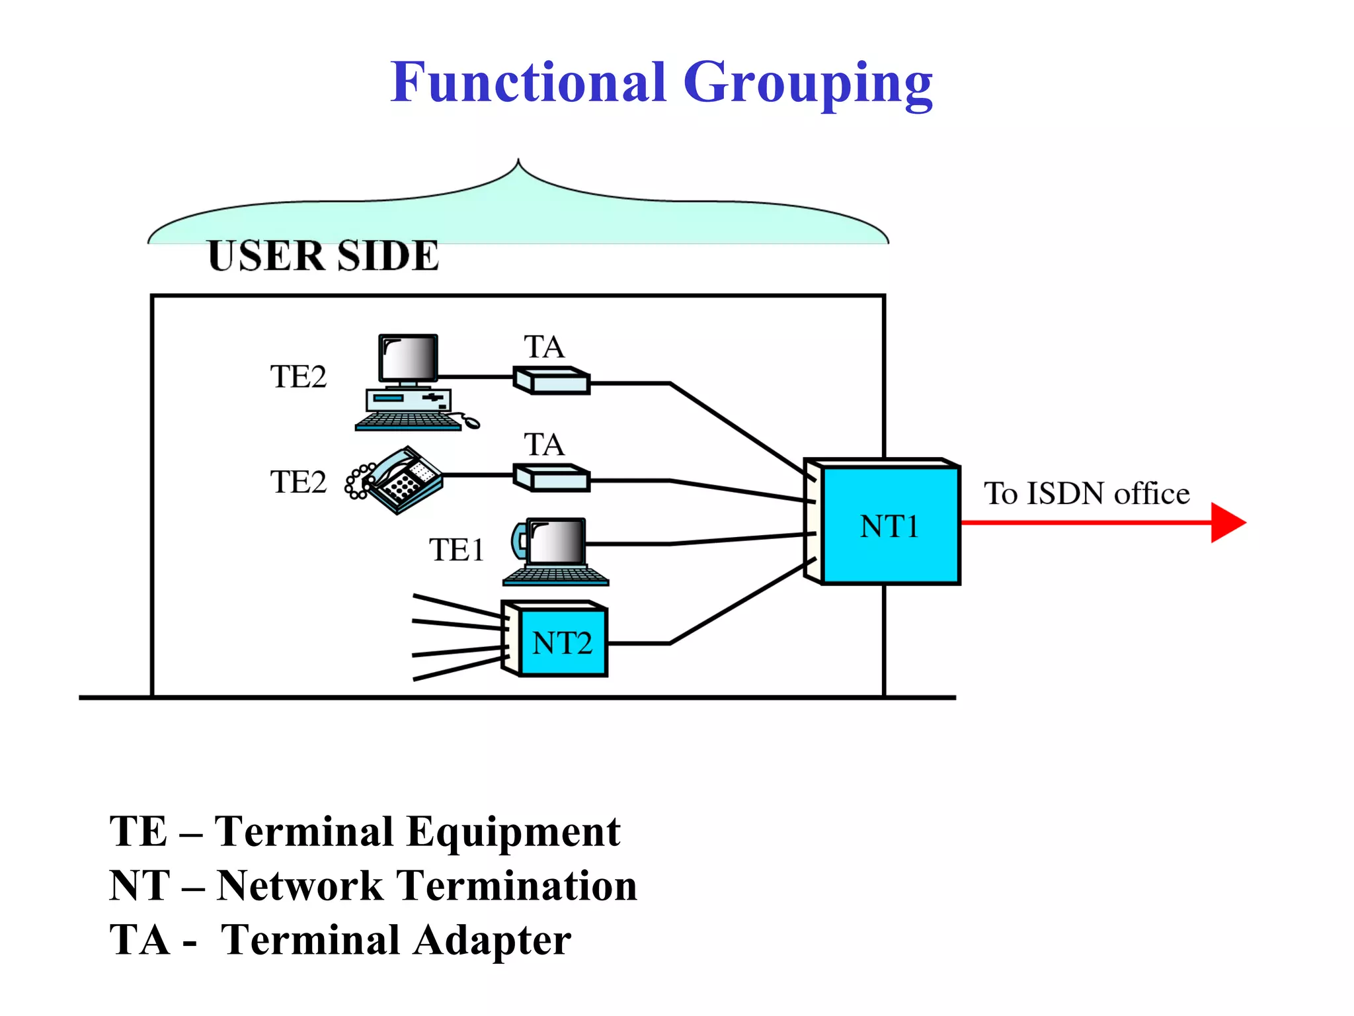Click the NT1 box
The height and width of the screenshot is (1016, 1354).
point(889,526)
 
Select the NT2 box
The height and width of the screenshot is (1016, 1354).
point(562,642)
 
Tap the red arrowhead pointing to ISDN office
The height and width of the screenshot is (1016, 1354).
point(1227,523)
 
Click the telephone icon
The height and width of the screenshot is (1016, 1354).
point(397,480)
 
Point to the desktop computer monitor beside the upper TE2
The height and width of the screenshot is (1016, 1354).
point(408,358)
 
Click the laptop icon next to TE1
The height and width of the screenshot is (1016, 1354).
point(555,552)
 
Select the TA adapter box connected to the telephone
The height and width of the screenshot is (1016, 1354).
point(551,478)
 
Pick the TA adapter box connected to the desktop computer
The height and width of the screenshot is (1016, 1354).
point(551,381)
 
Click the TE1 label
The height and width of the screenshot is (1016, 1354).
point(456,550)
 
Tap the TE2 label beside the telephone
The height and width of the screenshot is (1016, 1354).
point(298,482)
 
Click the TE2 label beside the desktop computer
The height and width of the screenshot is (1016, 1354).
point(298,376)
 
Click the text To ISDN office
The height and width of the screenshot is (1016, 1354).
point(1086,493)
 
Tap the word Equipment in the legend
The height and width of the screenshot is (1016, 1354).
point(513,832)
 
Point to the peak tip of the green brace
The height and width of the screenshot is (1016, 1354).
point(518,161)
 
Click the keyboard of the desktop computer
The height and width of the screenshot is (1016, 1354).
point(408,421)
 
